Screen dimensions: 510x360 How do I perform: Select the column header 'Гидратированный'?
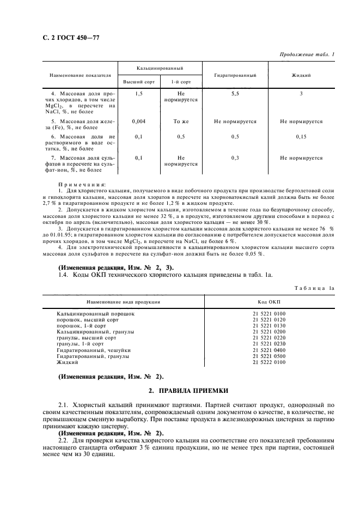(x=235, y=75)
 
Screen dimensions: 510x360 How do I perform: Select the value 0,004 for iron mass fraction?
(x=138, y=122)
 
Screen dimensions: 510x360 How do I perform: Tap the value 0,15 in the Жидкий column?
(x=301, y=137)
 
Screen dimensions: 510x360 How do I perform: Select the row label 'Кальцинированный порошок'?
(x=95, y=314)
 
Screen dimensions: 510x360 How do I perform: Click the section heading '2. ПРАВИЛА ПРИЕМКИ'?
(x=188, y=391)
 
